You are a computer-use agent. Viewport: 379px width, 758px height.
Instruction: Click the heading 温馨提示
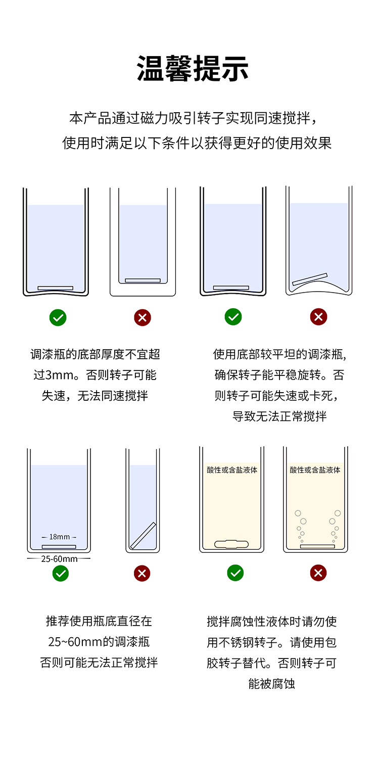193,68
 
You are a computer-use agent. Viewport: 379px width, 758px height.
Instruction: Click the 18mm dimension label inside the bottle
59,537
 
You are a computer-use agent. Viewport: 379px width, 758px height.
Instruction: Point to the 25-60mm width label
59,559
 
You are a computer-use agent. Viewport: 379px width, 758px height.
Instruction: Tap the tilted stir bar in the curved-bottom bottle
310,279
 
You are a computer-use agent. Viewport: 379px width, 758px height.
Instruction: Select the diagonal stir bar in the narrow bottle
143,535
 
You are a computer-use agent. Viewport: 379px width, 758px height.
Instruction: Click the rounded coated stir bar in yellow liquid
231,544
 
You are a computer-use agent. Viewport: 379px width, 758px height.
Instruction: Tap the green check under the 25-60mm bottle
61,573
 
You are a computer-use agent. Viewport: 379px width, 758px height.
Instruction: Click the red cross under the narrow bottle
142,573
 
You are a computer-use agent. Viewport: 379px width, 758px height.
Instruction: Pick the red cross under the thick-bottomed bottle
143,317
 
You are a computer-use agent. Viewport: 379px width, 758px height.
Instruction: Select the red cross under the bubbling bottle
318,573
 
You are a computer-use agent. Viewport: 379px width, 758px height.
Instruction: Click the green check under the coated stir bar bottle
235,573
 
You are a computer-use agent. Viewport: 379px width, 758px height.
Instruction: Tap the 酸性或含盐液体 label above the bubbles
315,469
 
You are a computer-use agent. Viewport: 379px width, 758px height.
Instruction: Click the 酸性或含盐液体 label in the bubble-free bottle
232,469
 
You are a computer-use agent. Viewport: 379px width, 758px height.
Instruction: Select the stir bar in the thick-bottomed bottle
143,280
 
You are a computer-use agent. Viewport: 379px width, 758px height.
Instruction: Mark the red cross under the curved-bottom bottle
318,317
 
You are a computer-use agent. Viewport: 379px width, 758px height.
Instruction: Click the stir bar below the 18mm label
59,547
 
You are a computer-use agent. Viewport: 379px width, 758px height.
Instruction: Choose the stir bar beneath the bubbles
317,546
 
